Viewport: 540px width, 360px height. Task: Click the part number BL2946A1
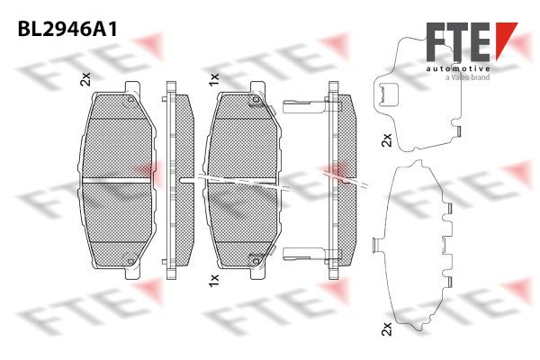coord(67,30)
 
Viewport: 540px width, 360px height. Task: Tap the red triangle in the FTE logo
coord(506,36)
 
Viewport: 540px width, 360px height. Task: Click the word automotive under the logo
coord(458,69)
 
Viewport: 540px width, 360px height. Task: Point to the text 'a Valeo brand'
coord(467,77)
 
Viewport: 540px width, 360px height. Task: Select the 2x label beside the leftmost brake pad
coord(85,79)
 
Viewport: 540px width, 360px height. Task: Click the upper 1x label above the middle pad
coord(213,79)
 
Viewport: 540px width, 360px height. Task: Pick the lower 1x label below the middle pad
coord(213,280)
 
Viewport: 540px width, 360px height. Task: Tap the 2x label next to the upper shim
coord(387,139)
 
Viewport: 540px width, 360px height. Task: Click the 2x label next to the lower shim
coord(387,328)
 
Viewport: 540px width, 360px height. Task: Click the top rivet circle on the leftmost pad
coord(130,100)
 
